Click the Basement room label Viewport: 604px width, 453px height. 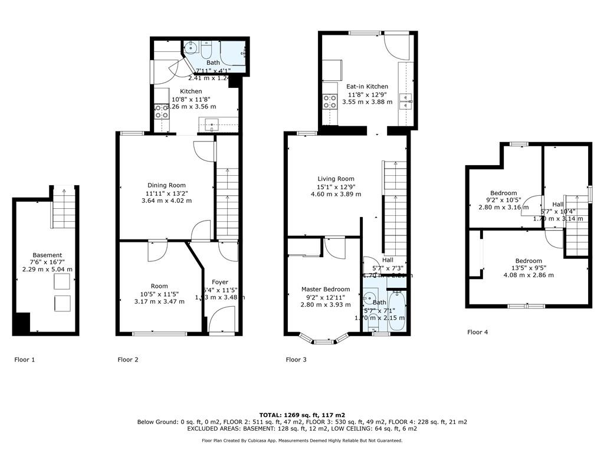47,255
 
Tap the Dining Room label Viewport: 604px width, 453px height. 167,185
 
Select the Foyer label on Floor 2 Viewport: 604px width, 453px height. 220,282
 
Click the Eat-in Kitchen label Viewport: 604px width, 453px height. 367,87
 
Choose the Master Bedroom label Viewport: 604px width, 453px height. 326,289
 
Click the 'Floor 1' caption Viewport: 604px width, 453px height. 25,359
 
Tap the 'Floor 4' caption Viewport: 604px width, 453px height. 477,332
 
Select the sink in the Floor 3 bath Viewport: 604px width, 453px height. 370,297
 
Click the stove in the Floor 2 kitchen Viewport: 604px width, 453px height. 161,111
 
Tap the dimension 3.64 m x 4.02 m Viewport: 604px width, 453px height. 167,201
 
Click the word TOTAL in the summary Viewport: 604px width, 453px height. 273,415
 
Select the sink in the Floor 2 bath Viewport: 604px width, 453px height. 191,49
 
